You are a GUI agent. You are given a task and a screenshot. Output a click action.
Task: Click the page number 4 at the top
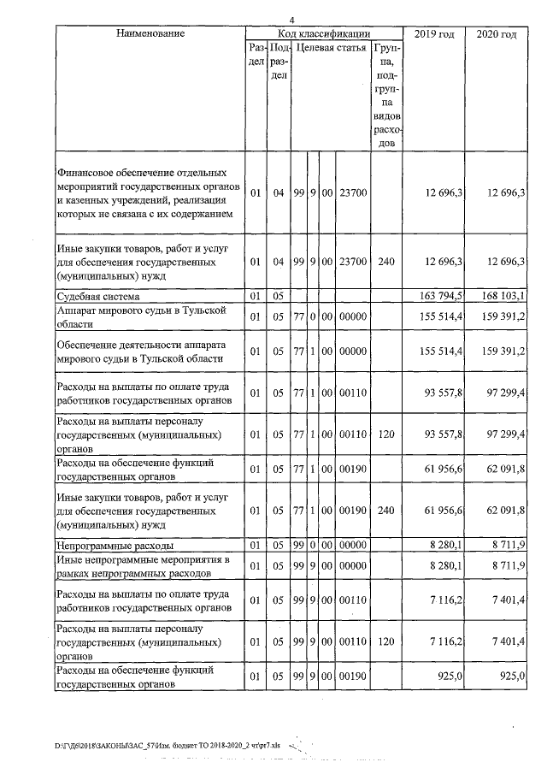click(x=291, y=20)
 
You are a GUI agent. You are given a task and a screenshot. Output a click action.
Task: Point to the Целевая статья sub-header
click(x=331, y=49)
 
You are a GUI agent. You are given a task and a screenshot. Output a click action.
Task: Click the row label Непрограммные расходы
click(x=115, y=544)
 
